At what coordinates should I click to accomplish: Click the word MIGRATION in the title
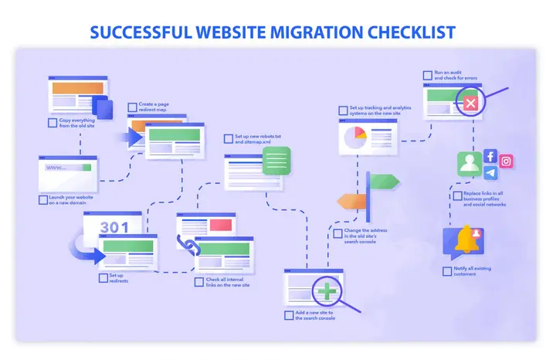click(310, 32)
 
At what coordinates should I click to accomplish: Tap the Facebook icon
click(490, 156)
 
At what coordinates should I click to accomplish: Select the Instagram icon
click(507, 161)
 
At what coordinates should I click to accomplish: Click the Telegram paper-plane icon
click(490, 173)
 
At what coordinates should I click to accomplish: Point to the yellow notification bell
click(466, 240)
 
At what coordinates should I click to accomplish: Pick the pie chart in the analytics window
click(354, 138)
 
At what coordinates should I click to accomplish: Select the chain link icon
click(187, 245)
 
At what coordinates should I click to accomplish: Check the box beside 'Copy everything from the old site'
click(52, 122)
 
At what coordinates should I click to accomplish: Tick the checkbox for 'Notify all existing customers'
click(447, 271)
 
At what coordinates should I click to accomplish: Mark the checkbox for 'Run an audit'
click(427, 75)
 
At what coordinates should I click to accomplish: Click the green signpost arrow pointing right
click(385, 182)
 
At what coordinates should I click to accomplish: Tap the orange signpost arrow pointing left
click(352, 202)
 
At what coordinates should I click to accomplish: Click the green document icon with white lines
click(276, 161)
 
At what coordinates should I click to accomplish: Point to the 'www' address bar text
click(56, 168)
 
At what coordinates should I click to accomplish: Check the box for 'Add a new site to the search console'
click(289, 315)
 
